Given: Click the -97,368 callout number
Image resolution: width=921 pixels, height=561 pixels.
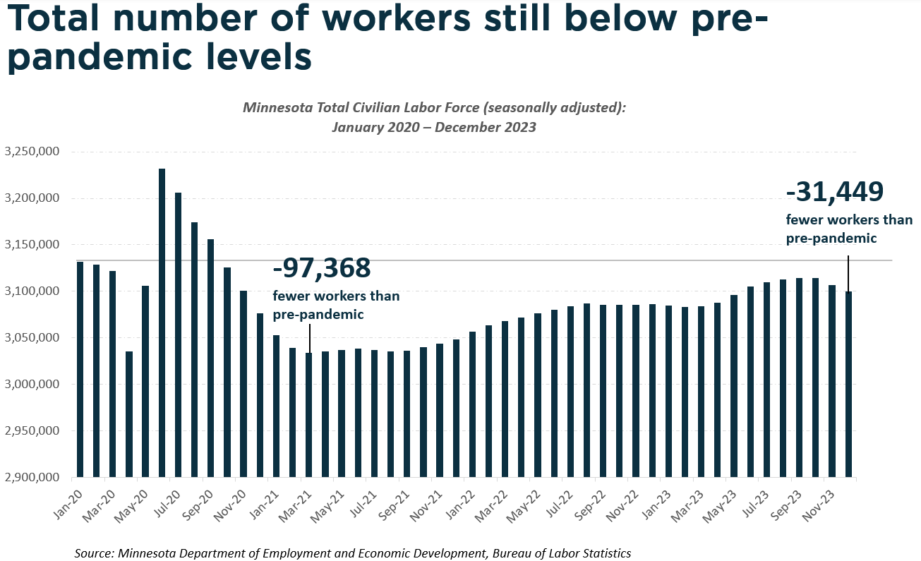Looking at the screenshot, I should coord(321,269).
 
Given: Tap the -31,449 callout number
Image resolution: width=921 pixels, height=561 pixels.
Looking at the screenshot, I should coord(834,192).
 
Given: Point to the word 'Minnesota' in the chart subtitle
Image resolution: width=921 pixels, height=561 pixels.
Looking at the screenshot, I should coord(274,108).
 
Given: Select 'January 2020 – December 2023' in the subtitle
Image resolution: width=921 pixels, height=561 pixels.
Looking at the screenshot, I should coord(433,128).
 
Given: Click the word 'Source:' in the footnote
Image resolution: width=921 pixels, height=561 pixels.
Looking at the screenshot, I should coord(95,553).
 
